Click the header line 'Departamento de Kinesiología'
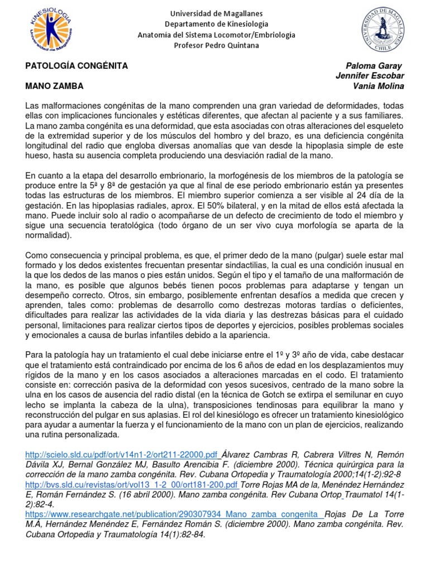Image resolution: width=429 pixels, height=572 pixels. tap(216, 24)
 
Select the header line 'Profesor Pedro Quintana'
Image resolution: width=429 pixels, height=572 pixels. tap(216, 45)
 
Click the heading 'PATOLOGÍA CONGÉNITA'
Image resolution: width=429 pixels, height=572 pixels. tap(77, 65)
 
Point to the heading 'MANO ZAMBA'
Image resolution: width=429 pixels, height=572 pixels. tap(55, 86)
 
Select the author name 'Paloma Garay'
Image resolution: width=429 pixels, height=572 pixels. tap(374, 65)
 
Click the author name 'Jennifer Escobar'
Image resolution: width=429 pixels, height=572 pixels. tap(369, 76)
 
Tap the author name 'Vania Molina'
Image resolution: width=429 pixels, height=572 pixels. tap(378, 86)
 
